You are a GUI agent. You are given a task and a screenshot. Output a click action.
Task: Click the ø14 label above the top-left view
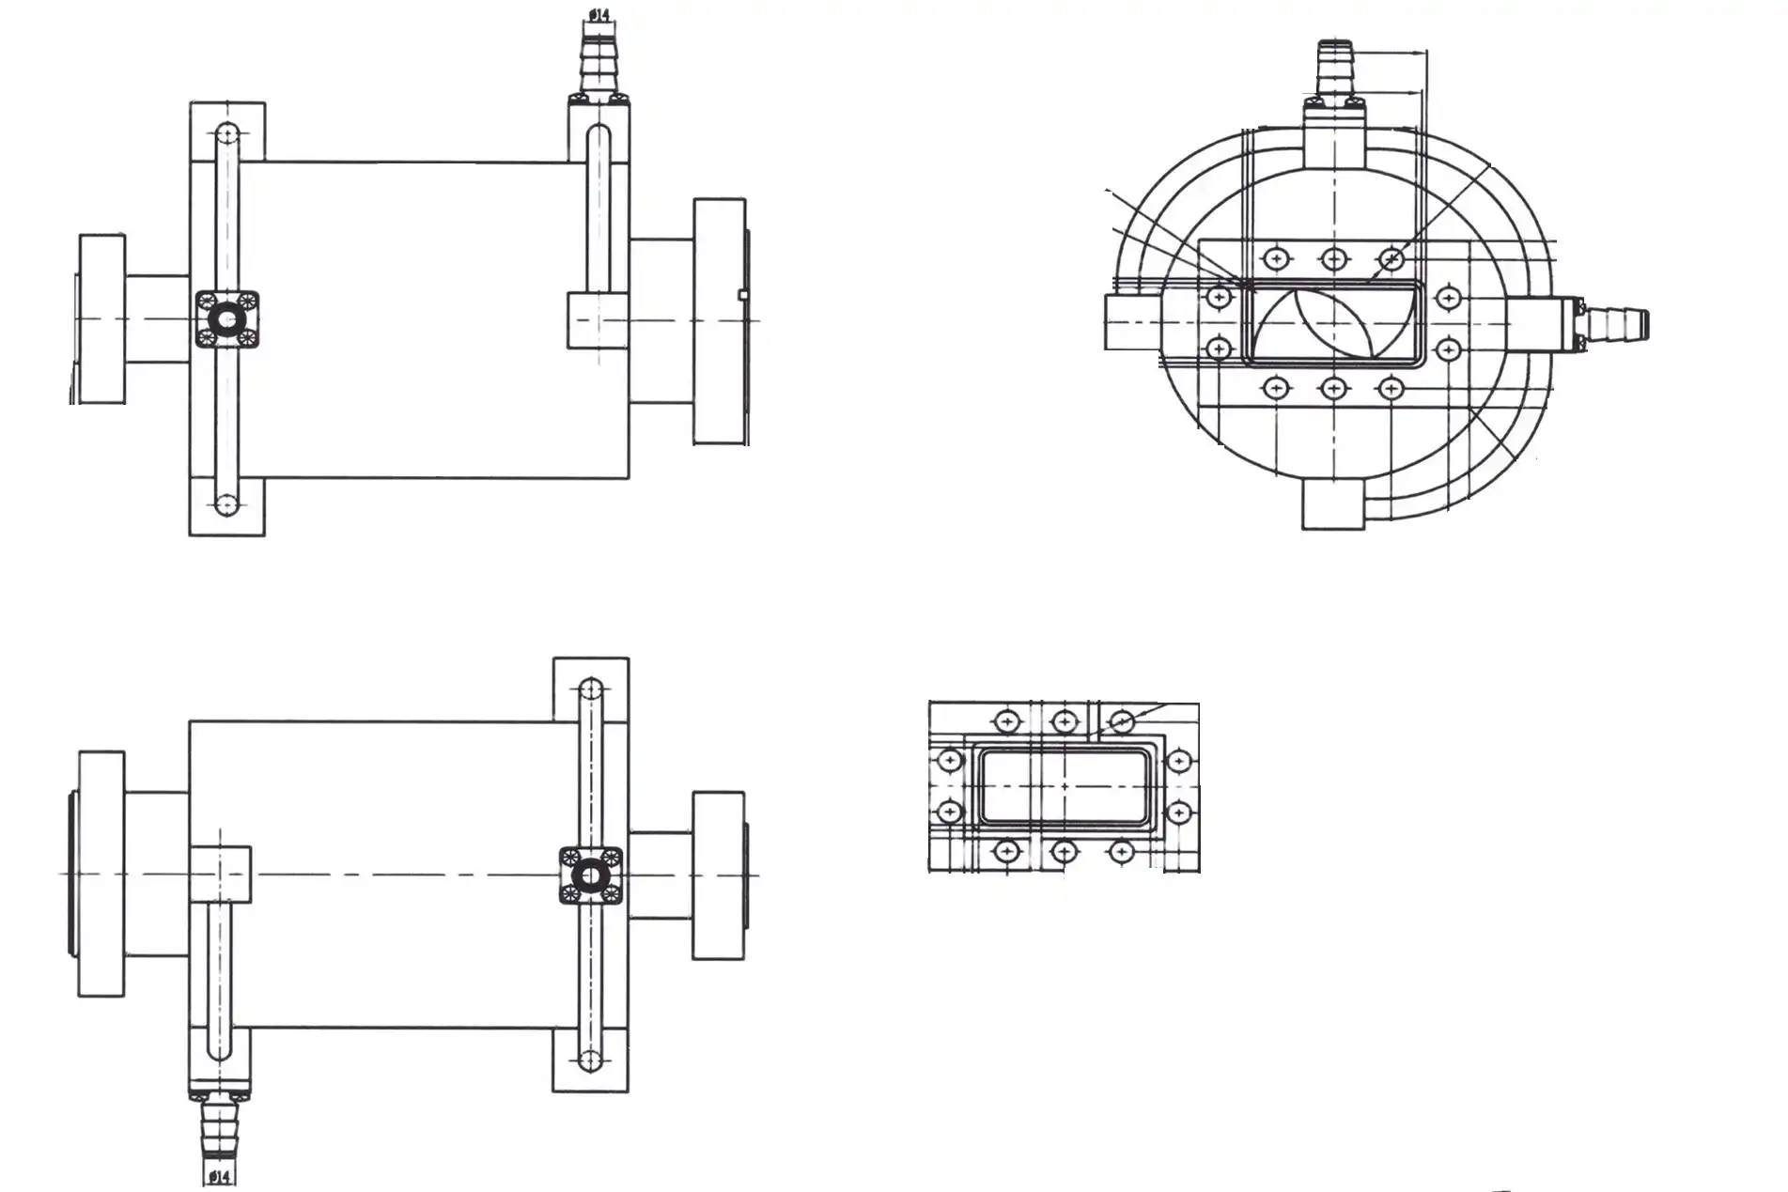599,15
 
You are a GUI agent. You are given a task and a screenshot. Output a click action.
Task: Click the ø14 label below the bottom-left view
219,1176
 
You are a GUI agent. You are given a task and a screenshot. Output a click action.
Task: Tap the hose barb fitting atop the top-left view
599,61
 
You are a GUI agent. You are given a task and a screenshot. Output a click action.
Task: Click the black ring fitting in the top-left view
226,321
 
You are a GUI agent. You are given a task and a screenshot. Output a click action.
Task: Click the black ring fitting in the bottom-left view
590,876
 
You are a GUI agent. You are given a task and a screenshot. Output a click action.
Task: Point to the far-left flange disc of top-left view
101,319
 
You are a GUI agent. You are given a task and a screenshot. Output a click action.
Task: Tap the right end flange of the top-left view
719,321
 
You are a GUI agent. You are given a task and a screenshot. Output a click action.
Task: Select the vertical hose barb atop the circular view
1333,69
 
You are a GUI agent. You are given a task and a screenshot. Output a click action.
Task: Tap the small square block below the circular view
1332,506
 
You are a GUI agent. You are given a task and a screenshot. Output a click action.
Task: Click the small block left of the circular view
1132,322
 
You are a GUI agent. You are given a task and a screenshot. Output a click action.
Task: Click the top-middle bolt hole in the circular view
1333,258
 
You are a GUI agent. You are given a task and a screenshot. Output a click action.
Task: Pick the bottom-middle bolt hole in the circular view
1333,387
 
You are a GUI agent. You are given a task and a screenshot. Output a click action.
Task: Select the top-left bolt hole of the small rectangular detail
1007,721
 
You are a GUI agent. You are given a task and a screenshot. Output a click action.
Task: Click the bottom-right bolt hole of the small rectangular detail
1121,852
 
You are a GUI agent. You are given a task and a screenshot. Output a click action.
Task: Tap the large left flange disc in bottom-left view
101,874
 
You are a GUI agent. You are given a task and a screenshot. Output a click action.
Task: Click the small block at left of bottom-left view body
220,874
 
